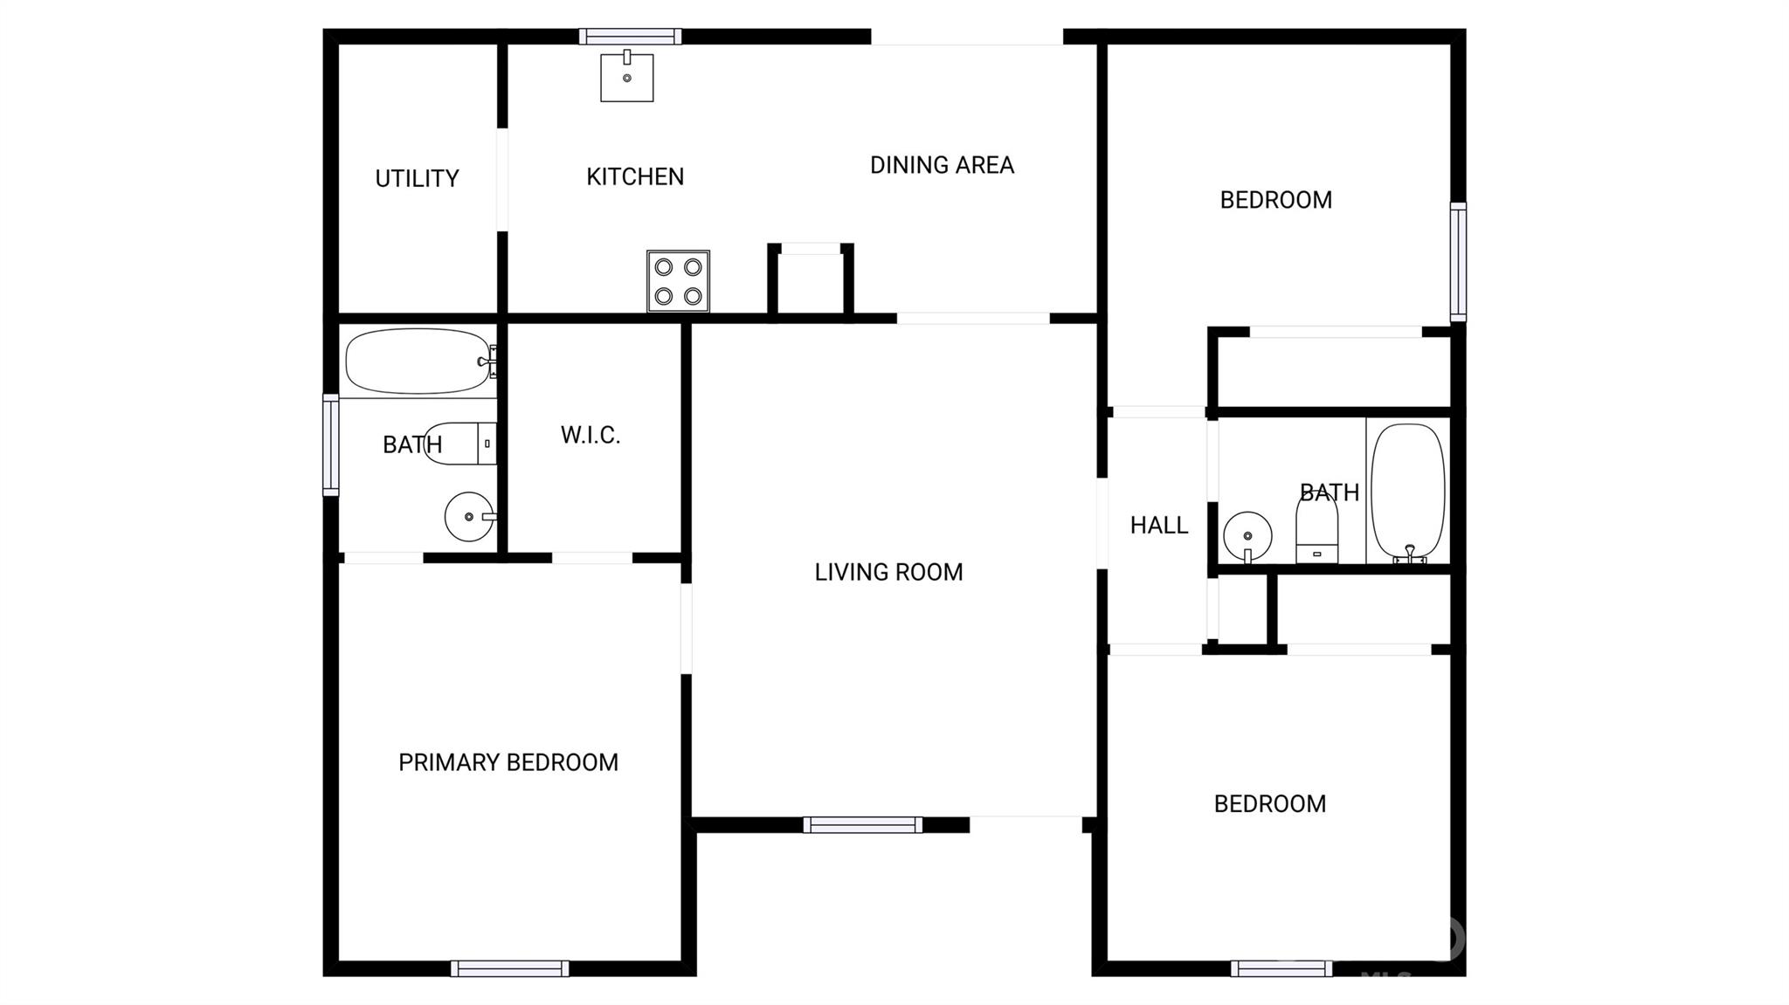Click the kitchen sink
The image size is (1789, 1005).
[x=626, y=77]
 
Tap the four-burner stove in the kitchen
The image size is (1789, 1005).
[x=678, y=281]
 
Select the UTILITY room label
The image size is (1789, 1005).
[x=417, y=178]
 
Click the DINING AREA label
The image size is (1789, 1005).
[x=942, y=165]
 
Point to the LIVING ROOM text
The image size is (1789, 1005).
[x=888, y=572]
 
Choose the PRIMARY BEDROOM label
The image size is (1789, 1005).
[x=508, y=762]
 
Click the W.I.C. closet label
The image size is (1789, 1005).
[x=591, y=435]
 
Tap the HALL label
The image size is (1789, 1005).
[x=1159, y=525]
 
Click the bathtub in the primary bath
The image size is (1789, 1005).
[x=420, y=361]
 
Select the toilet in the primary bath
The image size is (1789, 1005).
[x=460, y=443]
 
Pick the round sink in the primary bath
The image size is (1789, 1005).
[x=470, y=517]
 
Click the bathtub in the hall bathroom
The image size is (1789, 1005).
[x=1407, y=492]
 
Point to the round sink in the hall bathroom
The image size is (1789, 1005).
[x=1247, y=536]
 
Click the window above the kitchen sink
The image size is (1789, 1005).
[x=630, y=37]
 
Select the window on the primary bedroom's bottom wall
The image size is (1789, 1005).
[x=510, y=968]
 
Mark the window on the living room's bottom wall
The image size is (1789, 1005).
[x=863, y=825]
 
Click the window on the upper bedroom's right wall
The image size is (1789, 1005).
[x=1459, y=262]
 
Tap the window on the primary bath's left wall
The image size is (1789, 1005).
[x=331, y=445]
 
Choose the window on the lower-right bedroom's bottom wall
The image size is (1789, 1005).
[x=1282, y=968]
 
